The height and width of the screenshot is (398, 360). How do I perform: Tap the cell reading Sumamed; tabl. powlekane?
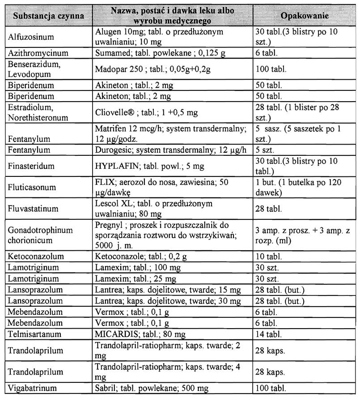pos(148,52)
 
